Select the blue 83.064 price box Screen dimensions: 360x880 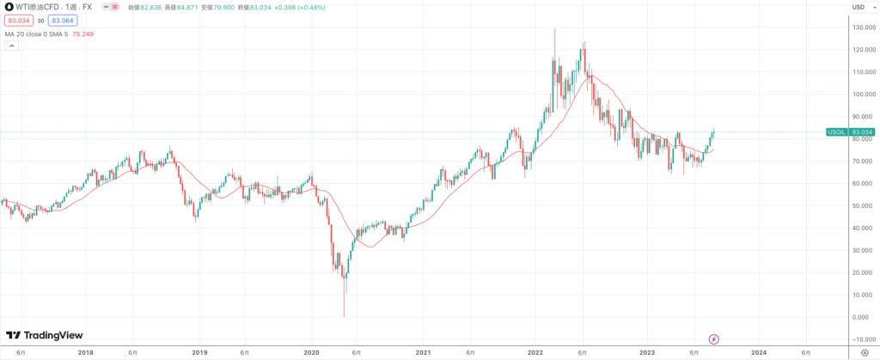(x=61, y=21)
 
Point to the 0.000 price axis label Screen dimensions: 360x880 (x=859, y=317)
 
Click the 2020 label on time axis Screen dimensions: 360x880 (x=311, y=352)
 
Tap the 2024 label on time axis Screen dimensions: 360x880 (x=759, y=352)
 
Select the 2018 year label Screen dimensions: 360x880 (x=86, y=352)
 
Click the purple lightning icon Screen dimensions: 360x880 (x=712, y=339)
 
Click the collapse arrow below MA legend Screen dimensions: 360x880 (x=11, y=46)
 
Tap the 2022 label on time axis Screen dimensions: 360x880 (x=535, y=352)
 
